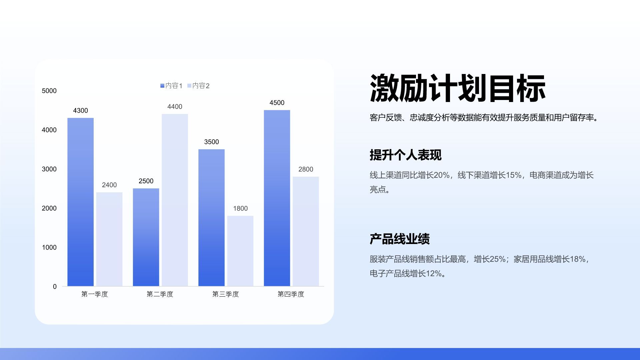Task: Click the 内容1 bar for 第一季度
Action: pos(80,202)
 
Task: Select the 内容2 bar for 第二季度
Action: pos(175,200)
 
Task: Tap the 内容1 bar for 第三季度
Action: pos(211,218)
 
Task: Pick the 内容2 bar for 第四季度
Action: pos(306,231)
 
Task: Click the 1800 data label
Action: pos(240,209)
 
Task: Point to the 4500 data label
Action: pos(277,103)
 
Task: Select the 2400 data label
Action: pos(109,185)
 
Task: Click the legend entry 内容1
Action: pos(171,86)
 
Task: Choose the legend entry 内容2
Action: pos(199,86)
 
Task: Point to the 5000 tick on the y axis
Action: pos(49,91)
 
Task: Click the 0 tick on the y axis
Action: pos(55,287)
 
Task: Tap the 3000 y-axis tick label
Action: pos(49,169)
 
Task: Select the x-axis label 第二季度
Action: pos(160,294)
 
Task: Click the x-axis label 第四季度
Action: pos(291,294)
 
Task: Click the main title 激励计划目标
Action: pos(457,88)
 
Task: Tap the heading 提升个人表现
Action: pos(405,155)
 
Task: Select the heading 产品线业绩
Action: pos(400,239)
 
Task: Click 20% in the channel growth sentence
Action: pos(442,175)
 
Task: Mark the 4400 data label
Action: pos(175,107)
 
